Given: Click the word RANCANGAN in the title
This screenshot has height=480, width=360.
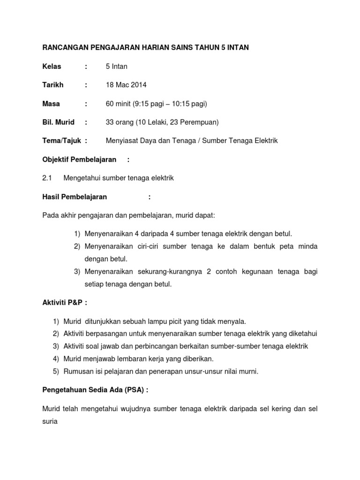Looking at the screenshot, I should [x=65, y=47].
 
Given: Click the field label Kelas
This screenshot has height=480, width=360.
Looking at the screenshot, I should [x=52, y=66].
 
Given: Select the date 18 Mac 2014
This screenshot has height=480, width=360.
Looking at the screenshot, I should [x=126, y=85].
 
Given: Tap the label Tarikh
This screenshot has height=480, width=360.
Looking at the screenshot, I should [x=53, y=85].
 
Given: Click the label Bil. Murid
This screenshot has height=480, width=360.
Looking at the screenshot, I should [x=59, y=122].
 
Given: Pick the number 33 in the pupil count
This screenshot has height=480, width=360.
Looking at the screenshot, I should [x=111, y=122].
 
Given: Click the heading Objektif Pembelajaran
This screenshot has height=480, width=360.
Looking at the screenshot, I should [x=80, y=159].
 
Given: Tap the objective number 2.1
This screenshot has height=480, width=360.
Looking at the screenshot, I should [x=47, y=178].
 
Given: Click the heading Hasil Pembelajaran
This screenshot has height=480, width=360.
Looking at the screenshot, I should [x=75, y=197].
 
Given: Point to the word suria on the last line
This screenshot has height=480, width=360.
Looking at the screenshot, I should [x=50, y=421].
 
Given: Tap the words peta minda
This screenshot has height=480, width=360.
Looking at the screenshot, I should [x=301, y=246].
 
